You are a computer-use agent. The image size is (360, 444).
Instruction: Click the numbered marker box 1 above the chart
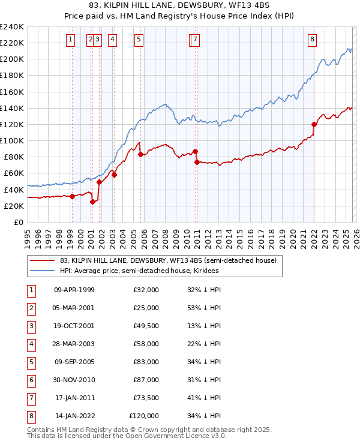tap(71, 40)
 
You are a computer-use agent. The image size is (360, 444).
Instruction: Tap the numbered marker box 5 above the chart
tap(139, 40)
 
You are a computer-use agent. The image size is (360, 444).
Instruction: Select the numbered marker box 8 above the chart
tap(313, 40)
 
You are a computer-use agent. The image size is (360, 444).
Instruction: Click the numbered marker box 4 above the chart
tap(112, 40)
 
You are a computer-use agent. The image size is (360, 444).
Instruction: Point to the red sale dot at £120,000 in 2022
tap(314, 124)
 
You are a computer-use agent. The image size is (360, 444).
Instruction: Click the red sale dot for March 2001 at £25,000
tap(92, 202)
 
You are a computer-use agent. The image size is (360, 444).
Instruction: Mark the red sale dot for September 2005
tap(140, 154)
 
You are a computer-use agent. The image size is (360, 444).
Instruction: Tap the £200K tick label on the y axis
tap(12, 59)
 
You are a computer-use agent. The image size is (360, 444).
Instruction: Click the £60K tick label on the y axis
tap(14, 173)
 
